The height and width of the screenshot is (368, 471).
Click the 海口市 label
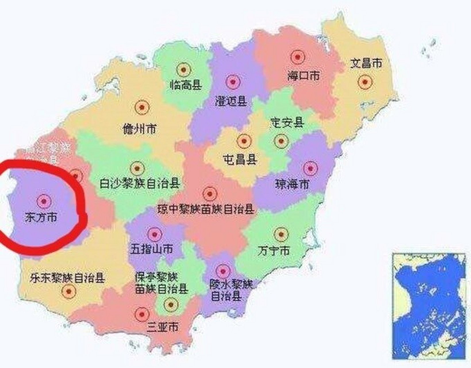click(303, 76)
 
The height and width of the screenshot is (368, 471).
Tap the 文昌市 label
click(366, 63)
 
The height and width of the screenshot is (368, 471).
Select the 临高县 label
click(186, 85)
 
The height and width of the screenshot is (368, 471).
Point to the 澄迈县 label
click(231, 101)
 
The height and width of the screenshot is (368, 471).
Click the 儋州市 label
click(139, 129)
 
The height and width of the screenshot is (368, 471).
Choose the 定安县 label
click(287, 123)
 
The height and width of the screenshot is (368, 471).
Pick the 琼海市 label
click(292, 184)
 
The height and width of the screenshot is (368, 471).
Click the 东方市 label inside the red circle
click(41, 217)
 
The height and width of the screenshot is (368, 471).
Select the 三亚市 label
click(162, 327)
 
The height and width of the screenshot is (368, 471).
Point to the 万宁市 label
click(273, 251)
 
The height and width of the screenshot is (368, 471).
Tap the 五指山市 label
click(152, 249)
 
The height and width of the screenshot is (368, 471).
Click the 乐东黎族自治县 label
click(68, 278)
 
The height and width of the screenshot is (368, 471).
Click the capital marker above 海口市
click(297, 57)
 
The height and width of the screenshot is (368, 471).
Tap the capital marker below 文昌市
click(365, 82)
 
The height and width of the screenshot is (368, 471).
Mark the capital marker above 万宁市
click(281, 235)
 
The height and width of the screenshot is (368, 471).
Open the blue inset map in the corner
click(429, 306)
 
